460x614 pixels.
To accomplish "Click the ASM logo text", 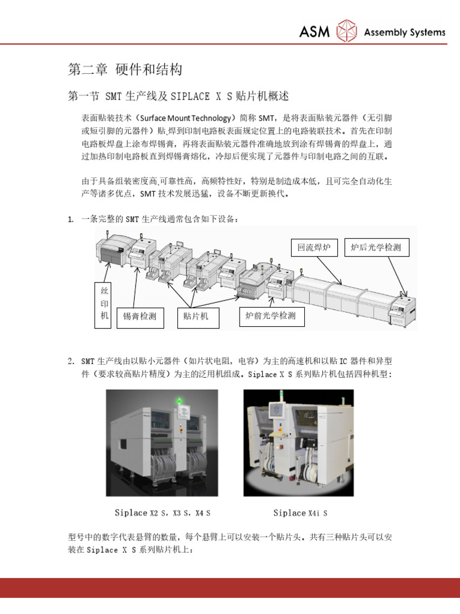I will (314, 31).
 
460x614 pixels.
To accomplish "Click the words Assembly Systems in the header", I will (405, 32).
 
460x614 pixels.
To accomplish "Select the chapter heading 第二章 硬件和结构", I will (125, 70).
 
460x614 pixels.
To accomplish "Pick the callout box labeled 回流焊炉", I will (314, 246).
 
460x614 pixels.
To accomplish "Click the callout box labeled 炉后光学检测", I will (377, 246).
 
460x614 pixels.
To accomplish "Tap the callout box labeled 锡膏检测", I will (140, 316).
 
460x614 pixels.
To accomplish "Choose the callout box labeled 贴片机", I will (196, 316).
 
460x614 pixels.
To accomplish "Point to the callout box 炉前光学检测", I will (271, 315).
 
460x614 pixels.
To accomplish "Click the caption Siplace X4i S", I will (300, 513).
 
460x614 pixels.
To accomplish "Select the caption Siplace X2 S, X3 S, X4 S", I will (162, 513).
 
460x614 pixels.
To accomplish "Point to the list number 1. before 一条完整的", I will (71, 219).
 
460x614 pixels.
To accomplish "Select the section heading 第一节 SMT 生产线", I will (178, 96).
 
